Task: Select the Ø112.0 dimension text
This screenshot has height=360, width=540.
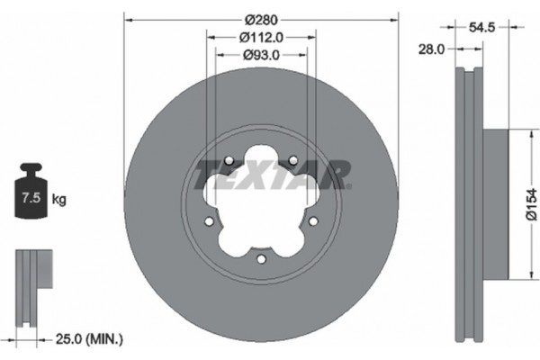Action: coord(261,37)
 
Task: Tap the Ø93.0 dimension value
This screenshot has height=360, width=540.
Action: coord(261,56)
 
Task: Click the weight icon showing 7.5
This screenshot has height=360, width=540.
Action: coord(32,192)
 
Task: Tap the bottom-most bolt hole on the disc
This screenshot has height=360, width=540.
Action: coord(261,258)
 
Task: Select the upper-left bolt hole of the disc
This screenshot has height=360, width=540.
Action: coord(229,162)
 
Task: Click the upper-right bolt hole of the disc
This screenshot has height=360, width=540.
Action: coord(293,162)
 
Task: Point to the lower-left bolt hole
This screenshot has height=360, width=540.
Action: coord(209,221)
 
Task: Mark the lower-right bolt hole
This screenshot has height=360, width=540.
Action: coord(313,221)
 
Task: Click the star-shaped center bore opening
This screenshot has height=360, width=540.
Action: coord(261,202)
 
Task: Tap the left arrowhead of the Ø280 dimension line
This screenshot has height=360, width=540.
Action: coord(127,19)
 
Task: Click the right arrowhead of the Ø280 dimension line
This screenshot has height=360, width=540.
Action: coord(395,19)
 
